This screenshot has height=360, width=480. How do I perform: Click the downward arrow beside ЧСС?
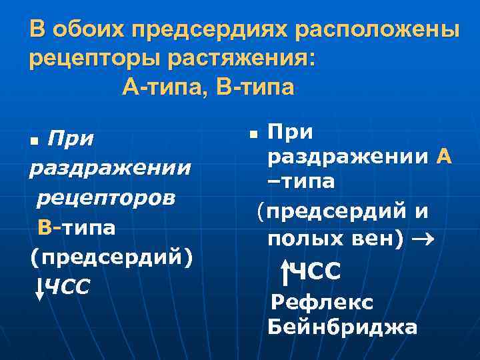(x=39, y=287)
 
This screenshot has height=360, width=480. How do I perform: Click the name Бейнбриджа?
(x=342, y=327)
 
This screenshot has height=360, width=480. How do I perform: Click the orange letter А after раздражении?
(x=444, y=157)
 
